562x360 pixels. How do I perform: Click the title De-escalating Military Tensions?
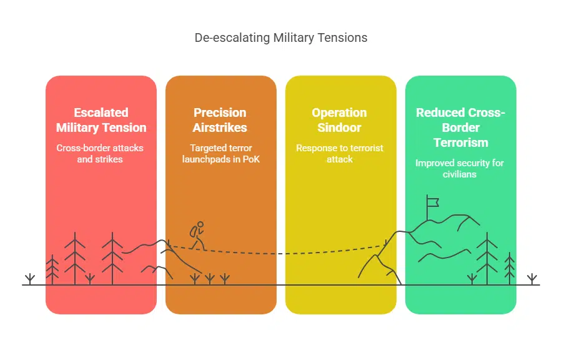(x=280, y=37)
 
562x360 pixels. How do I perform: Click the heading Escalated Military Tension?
(x=101, y=120)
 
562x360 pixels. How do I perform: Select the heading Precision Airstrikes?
(x=220, y=120)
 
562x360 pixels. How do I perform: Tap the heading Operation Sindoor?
(x=340, y=120)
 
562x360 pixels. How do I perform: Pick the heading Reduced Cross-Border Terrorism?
(x=461, y=127)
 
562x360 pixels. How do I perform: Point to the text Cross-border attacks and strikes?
(x=101, y=154)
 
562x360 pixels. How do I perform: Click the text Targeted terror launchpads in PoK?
(x=220, y=154)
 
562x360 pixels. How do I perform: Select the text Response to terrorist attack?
(x=340, y=154)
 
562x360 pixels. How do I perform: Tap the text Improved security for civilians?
(x=461, y=169)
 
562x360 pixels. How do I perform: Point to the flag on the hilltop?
(x=432, y=202)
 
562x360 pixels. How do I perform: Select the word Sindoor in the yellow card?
(x=340, y=127)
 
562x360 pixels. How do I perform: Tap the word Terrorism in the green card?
(x=461, y=142)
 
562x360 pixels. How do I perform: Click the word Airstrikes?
(x=220, y=127)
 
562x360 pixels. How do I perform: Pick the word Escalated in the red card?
(x=101, y=112)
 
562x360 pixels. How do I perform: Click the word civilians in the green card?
(x=461, y=174)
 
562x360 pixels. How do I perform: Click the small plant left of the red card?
(x=29, y=279)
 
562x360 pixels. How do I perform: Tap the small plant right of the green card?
(x=532, y=279)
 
